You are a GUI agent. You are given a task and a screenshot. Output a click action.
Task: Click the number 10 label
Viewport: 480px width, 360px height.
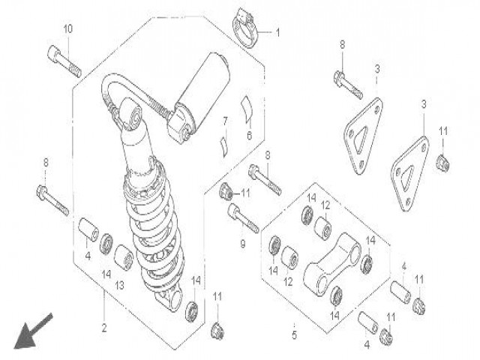(67, 29)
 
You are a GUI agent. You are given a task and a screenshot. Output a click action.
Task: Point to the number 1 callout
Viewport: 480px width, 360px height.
(276, 33)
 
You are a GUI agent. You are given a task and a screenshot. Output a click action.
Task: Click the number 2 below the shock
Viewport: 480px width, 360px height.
(105, 327)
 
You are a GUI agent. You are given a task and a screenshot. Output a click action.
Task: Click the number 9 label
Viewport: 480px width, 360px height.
(242, 244)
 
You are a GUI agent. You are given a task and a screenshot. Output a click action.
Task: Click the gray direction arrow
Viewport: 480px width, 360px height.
(34, 331)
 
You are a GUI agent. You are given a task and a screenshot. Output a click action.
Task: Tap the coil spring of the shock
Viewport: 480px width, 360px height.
(154, 240)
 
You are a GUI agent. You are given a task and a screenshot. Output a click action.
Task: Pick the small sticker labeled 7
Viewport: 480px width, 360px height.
(223, 142)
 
